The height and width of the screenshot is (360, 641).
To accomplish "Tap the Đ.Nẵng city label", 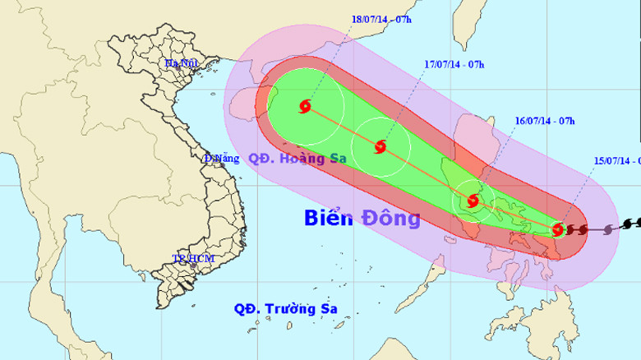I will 221,159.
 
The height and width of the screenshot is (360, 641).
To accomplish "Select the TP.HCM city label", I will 192,259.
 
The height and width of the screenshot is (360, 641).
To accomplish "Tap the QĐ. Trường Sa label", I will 285,310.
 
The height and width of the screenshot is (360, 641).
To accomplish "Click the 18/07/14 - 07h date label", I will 381,18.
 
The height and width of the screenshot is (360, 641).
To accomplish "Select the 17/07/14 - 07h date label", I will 455,63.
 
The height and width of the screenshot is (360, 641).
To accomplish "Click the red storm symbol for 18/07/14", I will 305,106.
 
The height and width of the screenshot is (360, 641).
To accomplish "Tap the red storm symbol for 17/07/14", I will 380,147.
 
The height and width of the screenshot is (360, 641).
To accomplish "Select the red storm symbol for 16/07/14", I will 472,200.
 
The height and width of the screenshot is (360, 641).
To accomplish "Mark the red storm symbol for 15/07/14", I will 558,229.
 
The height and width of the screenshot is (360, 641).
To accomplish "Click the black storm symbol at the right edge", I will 630,223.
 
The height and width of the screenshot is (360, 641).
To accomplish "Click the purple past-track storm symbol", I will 608,229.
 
